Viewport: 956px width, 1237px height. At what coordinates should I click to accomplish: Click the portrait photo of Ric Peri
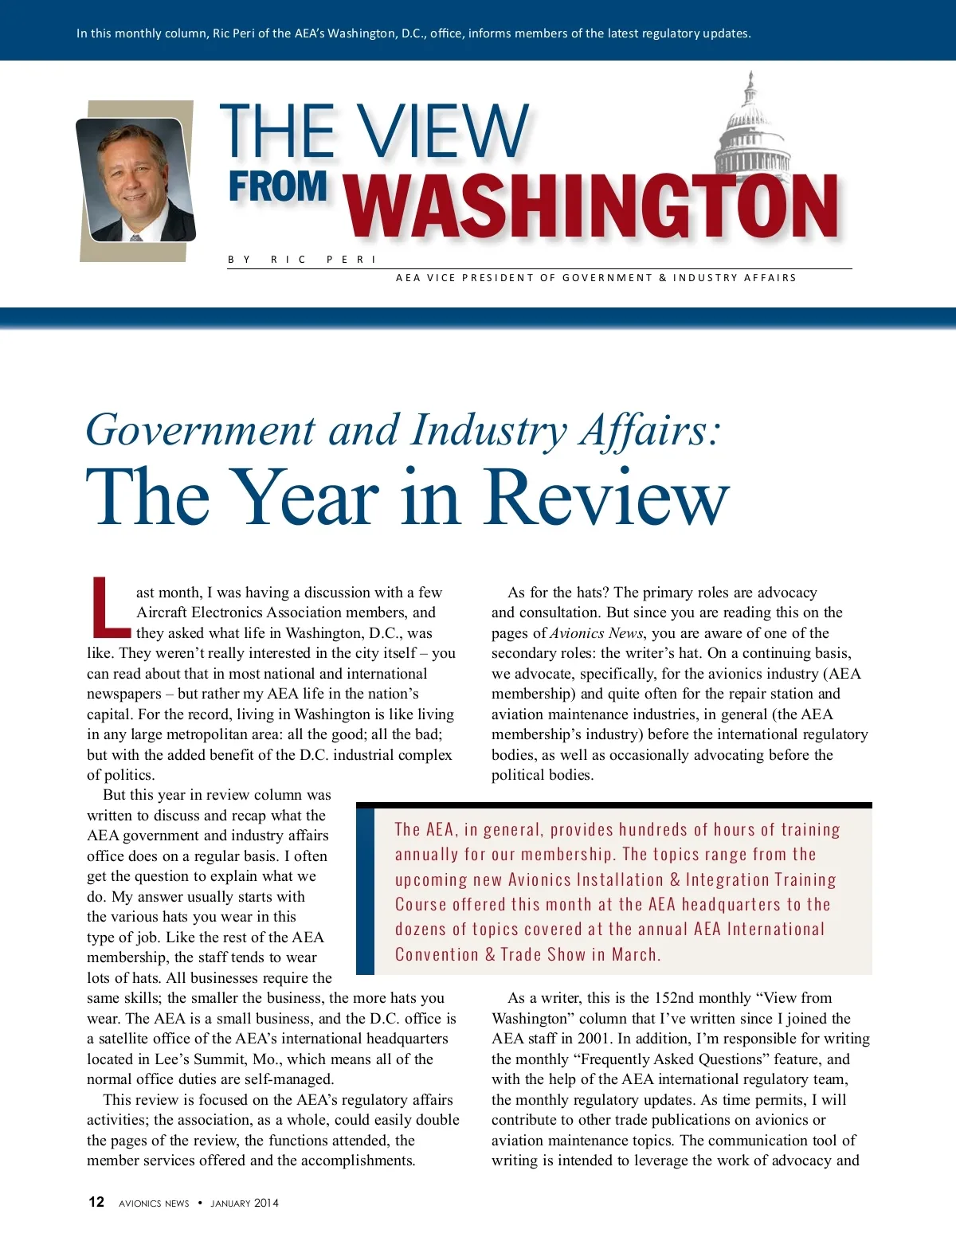[x=135, y=180]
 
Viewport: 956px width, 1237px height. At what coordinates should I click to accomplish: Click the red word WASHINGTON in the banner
[x=592, y=206]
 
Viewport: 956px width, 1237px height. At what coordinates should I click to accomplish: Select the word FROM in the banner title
[x=278, y=186]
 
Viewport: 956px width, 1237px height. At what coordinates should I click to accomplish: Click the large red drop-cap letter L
[x=110, y=608]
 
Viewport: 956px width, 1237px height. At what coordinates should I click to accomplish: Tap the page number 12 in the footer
[x=96, y=1202]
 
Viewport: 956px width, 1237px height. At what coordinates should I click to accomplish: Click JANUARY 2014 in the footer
[x=245, y=1203]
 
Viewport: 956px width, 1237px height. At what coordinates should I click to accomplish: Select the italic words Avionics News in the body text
[x=596, y=633]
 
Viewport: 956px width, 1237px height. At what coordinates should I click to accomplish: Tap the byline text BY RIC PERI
[x=302, y=260]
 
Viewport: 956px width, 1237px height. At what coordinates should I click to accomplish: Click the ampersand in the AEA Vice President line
[x=663, y=278]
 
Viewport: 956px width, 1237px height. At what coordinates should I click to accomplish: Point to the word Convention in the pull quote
[x=437, y=954]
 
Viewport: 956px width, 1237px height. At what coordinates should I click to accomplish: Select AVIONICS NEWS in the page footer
[x=154, y=1203]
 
